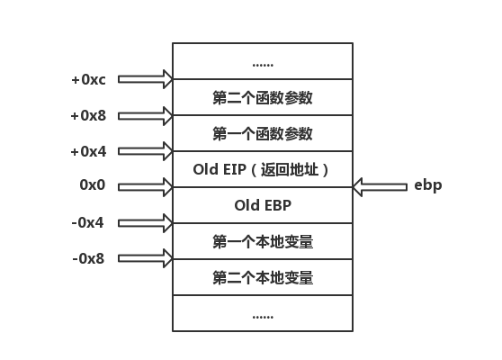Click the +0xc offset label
(x=88, y=79)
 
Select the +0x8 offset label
(x=88, y=115)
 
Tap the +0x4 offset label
(x=88, y=151)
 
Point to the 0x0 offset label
(x=93, y=186)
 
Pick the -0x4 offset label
(x=88, y=222)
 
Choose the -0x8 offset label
(x=88, y=258)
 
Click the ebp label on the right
(x=427, y=186)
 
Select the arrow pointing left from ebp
(x=380, y=187)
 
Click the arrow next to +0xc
(x=145, y=79)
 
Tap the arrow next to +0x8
(x=145, y=115)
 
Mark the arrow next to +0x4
(x=145, y=151)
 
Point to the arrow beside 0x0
(x=145, y=187)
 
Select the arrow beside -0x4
(x=145, y=223)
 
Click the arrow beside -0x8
(x=145, y=259)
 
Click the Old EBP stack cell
(x=263, y=205)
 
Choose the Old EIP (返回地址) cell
(x=263, y=169)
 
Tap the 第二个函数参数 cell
(x=263, y=97)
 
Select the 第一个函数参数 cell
(x=263, y=133)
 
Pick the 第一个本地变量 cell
(x=263, y=241)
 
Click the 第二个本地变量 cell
(x=263, y=277)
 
